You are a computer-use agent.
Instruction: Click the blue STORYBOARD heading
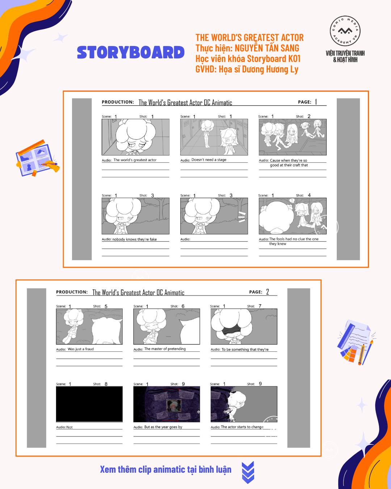(x=131, y=53)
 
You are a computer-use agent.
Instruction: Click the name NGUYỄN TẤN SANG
(x=267, y=48)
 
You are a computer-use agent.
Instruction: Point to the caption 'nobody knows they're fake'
(x=134, y=239)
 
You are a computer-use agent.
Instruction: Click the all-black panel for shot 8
(x=89, y=404)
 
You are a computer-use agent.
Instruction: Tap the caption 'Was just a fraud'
(x=81, y=349)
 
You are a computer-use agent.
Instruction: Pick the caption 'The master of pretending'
(x=165, y=349)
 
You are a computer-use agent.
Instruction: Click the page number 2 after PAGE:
(x=268, y=292)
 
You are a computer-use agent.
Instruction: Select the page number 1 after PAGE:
(x=316, y=102)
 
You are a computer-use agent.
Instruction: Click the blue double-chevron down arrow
(x=248, y=472)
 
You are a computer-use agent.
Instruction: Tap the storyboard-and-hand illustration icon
(x=37, y=158)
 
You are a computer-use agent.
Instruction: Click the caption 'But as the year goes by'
(x=163, y=427)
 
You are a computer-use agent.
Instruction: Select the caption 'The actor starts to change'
(x=242, y=427)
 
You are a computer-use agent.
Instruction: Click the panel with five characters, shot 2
(x=293, y=137)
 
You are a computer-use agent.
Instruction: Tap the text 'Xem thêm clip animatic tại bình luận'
(x=165, y=469)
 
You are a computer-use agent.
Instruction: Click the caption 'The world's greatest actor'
(x=135, y=160)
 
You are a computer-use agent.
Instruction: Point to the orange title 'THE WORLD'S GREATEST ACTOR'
(x=249, y=38)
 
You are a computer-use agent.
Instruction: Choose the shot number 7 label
(x=260, y=306)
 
